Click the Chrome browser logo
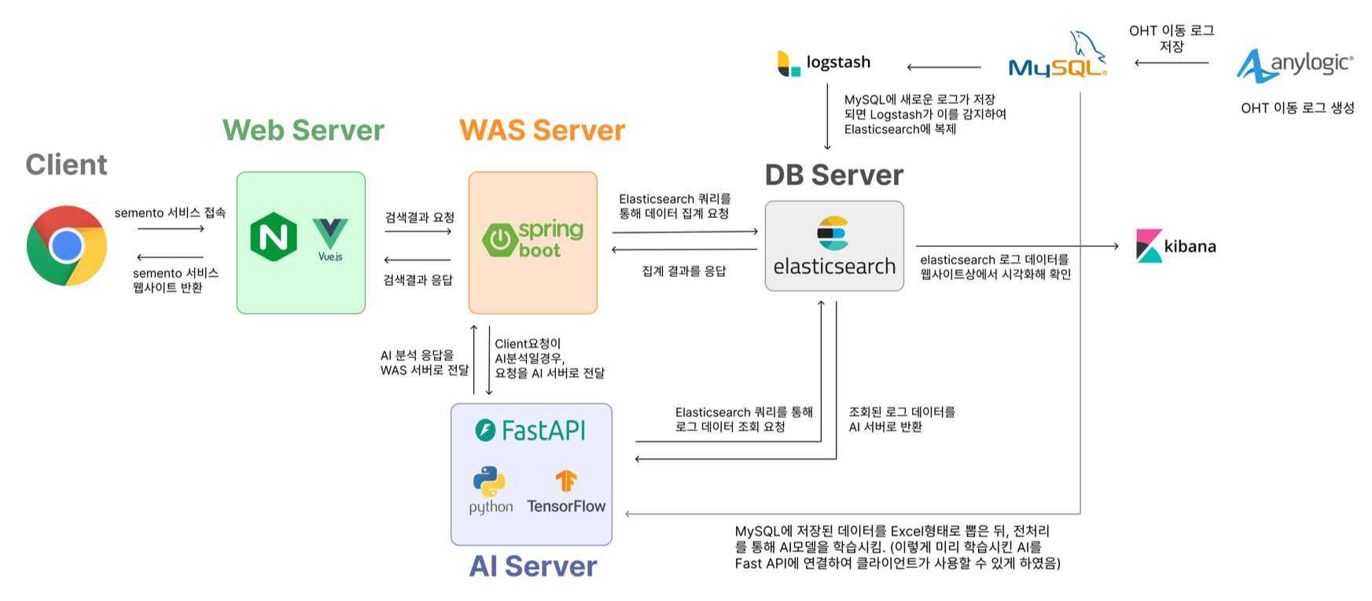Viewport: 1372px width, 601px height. [x=67, y=245]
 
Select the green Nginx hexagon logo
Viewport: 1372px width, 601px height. [x=273, y=237]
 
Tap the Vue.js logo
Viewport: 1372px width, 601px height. [x=330, y=238]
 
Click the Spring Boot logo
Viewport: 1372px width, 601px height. [x=533, y=239]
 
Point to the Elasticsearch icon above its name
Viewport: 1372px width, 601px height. [x=833, y=233]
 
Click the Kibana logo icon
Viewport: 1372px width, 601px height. [x=1149, y=245]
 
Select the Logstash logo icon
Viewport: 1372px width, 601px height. [x=787, y=63]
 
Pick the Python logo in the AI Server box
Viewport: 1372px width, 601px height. [x=489, y=481]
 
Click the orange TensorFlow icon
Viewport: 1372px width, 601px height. [x=566, y=480]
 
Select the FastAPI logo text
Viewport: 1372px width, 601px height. [x=531, y=430]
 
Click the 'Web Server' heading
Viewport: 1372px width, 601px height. [x=303, y=130]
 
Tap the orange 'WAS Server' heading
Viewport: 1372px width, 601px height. [x=542, y=130]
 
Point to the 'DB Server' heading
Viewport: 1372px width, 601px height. [x=833, y=175]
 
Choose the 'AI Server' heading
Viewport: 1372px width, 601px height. [x=533, y=566]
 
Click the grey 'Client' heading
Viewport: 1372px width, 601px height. [x=66, y=164]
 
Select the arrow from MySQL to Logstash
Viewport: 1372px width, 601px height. [x=943, y=68]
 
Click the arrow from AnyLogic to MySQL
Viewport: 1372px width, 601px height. [x=1171, y=63]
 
